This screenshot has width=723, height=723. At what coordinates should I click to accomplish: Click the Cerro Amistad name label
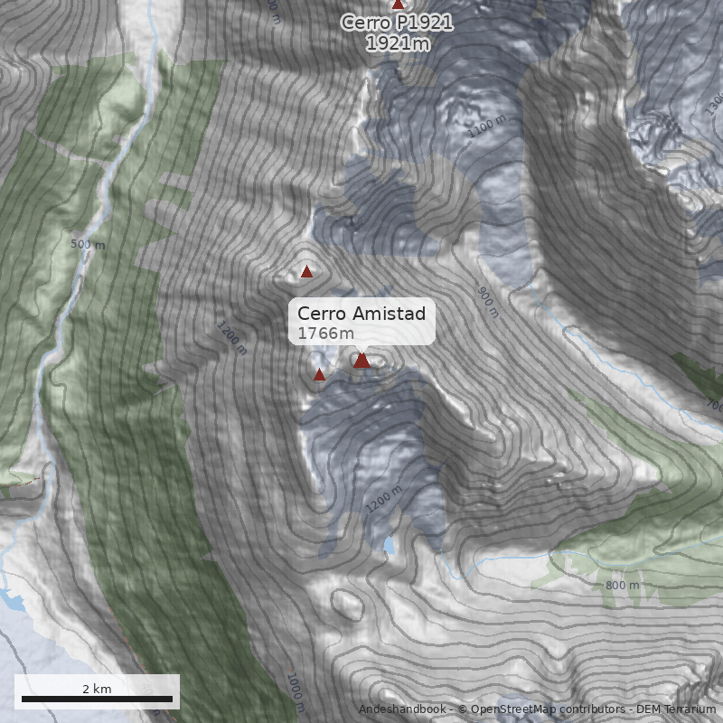361,314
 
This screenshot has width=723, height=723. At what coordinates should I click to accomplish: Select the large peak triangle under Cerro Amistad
361,361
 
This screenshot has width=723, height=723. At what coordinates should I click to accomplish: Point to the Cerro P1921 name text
397,23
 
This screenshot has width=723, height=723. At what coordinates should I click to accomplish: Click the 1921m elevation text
397,42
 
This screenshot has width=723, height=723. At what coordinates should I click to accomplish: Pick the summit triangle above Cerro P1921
398,4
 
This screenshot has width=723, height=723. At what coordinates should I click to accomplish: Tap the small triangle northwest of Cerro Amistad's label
306,271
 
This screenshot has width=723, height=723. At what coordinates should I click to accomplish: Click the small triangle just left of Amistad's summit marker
319,374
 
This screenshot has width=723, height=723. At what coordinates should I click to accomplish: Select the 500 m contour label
88,244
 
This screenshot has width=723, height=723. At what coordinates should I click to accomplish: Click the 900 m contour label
487,301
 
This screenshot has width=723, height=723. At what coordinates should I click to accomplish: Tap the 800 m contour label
622,585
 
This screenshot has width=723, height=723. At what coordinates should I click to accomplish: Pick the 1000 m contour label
295,692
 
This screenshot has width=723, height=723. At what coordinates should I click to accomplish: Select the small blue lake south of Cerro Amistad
389,545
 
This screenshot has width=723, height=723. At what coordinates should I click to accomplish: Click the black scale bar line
97,699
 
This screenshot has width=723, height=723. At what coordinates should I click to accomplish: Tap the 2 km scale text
97,688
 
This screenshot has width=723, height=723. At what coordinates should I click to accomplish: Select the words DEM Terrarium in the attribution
675,709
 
